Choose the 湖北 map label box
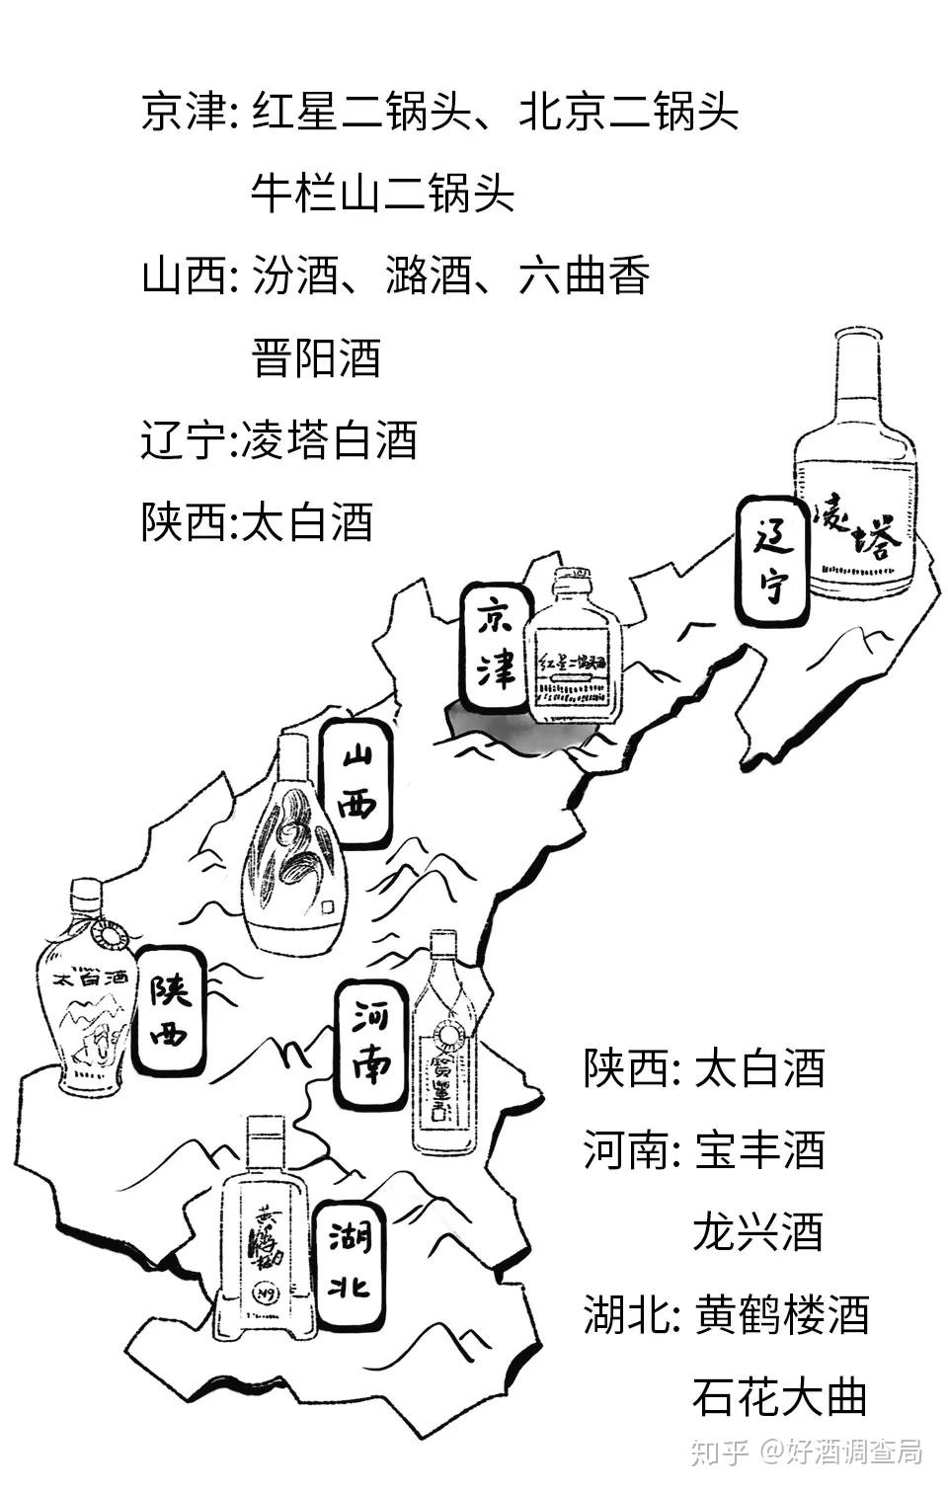349,1260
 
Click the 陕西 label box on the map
169,1010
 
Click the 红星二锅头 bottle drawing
577,652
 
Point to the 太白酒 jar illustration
85,997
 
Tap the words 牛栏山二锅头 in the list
382,194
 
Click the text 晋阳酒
316,357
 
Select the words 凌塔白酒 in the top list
323,439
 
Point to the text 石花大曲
779,1396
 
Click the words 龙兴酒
758,1232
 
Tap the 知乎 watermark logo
717,1451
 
